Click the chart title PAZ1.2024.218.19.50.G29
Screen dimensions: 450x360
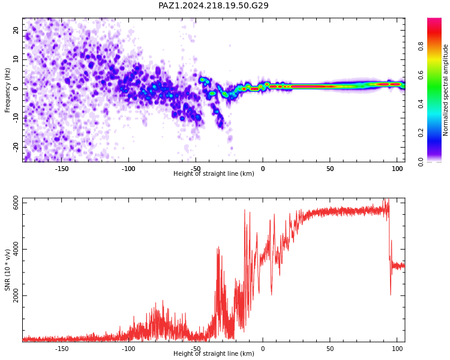(214, 5)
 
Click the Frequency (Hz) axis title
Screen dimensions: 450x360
(7, 90)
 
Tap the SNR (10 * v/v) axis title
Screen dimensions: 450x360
(7, 270)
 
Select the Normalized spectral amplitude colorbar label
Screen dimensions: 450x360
(445, 90)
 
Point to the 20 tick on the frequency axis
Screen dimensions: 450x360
(16, 30)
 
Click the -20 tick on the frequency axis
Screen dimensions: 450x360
(16, 147)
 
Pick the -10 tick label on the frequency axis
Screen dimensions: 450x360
(16, 118)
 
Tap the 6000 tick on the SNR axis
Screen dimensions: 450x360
(16, 203)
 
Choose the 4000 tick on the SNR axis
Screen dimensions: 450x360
(16, 249)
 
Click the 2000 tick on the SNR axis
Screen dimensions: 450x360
(16, 295)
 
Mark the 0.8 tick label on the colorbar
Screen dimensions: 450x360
(421, 46)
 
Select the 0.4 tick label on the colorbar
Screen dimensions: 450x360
(421, 104)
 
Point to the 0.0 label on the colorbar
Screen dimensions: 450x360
(421, 161)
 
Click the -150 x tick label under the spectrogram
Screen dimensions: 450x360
(61, 169)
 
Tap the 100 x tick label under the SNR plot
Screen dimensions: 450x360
(397, 349)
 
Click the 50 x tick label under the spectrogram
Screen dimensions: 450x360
(330, 169)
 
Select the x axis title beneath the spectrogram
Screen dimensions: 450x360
(214, 173)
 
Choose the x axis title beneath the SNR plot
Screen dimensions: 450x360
(214, 353)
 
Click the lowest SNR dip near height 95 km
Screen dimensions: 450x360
(391, 295)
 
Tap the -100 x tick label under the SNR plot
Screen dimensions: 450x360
(128, 349)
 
